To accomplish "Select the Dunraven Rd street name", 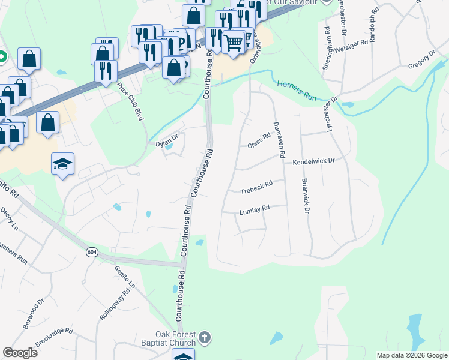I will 279,139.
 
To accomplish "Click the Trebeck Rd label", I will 256,187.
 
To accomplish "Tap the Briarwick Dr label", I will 306,198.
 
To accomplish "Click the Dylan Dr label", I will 167,142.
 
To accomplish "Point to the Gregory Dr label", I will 421,62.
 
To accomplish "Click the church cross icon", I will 205,337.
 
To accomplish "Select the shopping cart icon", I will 233,42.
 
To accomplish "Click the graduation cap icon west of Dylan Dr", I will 62,164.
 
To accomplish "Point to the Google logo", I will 20,353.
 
